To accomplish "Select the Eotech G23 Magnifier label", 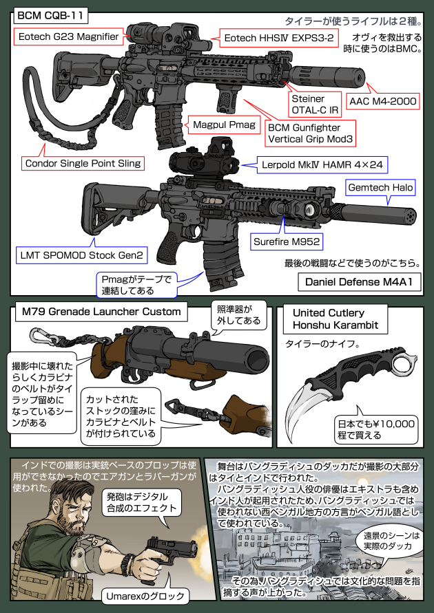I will pyautogui.click(x=70, y=35).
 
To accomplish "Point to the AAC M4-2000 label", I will pyautogui.click(x=383, y=101).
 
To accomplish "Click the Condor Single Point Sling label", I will pyautogui.click(x=83, y=163).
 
